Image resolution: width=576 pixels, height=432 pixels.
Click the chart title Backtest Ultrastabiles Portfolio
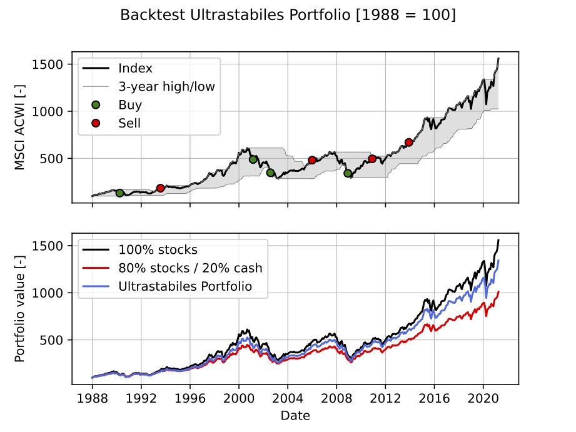(x=288, y=14)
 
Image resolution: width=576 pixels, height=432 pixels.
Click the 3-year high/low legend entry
(x=166, y=86)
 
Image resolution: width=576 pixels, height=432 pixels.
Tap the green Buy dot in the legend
(x=96, y=104)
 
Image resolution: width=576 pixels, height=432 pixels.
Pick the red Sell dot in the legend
(x=96, y=123)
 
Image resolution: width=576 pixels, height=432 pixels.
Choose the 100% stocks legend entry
(x=158, y=250)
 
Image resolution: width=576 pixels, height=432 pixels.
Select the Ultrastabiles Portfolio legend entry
(x=184, y=286)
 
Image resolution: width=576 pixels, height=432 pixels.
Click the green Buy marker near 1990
(x=119, y=193)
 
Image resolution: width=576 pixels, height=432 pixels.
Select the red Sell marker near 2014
(x=409, y=142)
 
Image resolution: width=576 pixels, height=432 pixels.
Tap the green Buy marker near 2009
(x=348, y=173)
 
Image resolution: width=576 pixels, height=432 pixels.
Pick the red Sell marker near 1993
(x=161, y=188)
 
